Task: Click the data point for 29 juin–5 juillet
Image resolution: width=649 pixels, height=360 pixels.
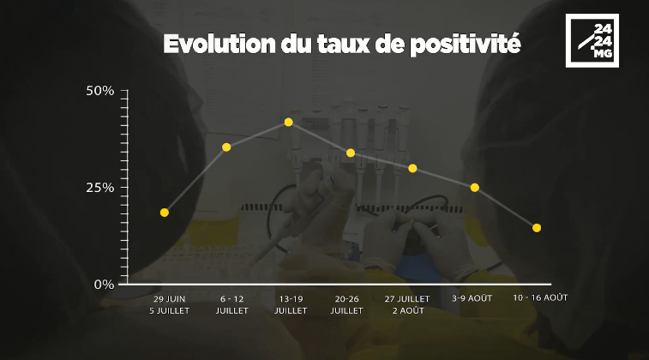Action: point(165,213)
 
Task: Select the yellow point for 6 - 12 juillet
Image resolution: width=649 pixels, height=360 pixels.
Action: point(226,147)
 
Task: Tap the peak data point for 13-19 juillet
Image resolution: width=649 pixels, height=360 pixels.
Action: point(288,122)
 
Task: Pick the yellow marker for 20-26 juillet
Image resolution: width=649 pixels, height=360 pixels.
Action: point(351,153)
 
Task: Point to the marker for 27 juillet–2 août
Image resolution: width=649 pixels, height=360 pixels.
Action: point(412,168)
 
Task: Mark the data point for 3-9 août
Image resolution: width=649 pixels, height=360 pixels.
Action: point(475,188)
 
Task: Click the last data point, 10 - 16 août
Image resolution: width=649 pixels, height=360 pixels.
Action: point(537,228)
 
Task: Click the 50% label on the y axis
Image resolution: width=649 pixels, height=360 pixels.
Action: point(99,91)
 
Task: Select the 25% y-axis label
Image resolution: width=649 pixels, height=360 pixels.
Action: point(99,188)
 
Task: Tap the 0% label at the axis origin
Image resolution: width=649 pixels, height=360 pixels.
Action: point(104,285)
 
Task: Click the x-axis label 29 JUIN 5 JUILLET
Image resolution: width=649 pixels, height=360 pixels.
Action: point(169,304)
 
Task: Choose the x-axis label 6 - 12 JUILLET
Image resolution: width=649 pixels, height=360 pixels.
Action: point(231,304)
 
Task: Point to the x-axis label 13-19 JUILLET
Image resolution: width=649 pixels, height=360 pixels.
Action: point(291,304)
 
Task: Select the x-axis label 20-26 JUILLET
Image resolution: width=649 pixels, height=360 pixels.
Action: point(346,304)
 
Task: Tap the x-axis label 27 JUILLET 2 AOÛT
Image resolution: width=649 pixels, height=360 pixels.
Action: point(407,304)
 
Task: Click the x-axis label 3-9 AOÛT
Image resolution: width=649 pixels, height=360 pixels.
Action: point(472,298)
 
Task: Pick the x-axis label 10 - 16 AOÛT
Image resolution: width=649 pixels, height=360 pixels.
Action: point(540,297)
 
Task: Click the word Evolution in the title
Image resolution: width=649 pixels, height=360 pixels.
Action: point(219,44)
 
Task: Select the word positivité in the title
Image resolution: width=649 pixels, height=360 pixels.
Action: point(466,45)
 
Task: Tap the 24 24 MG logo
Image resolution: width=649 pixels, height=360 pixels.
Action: point(592,40)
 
